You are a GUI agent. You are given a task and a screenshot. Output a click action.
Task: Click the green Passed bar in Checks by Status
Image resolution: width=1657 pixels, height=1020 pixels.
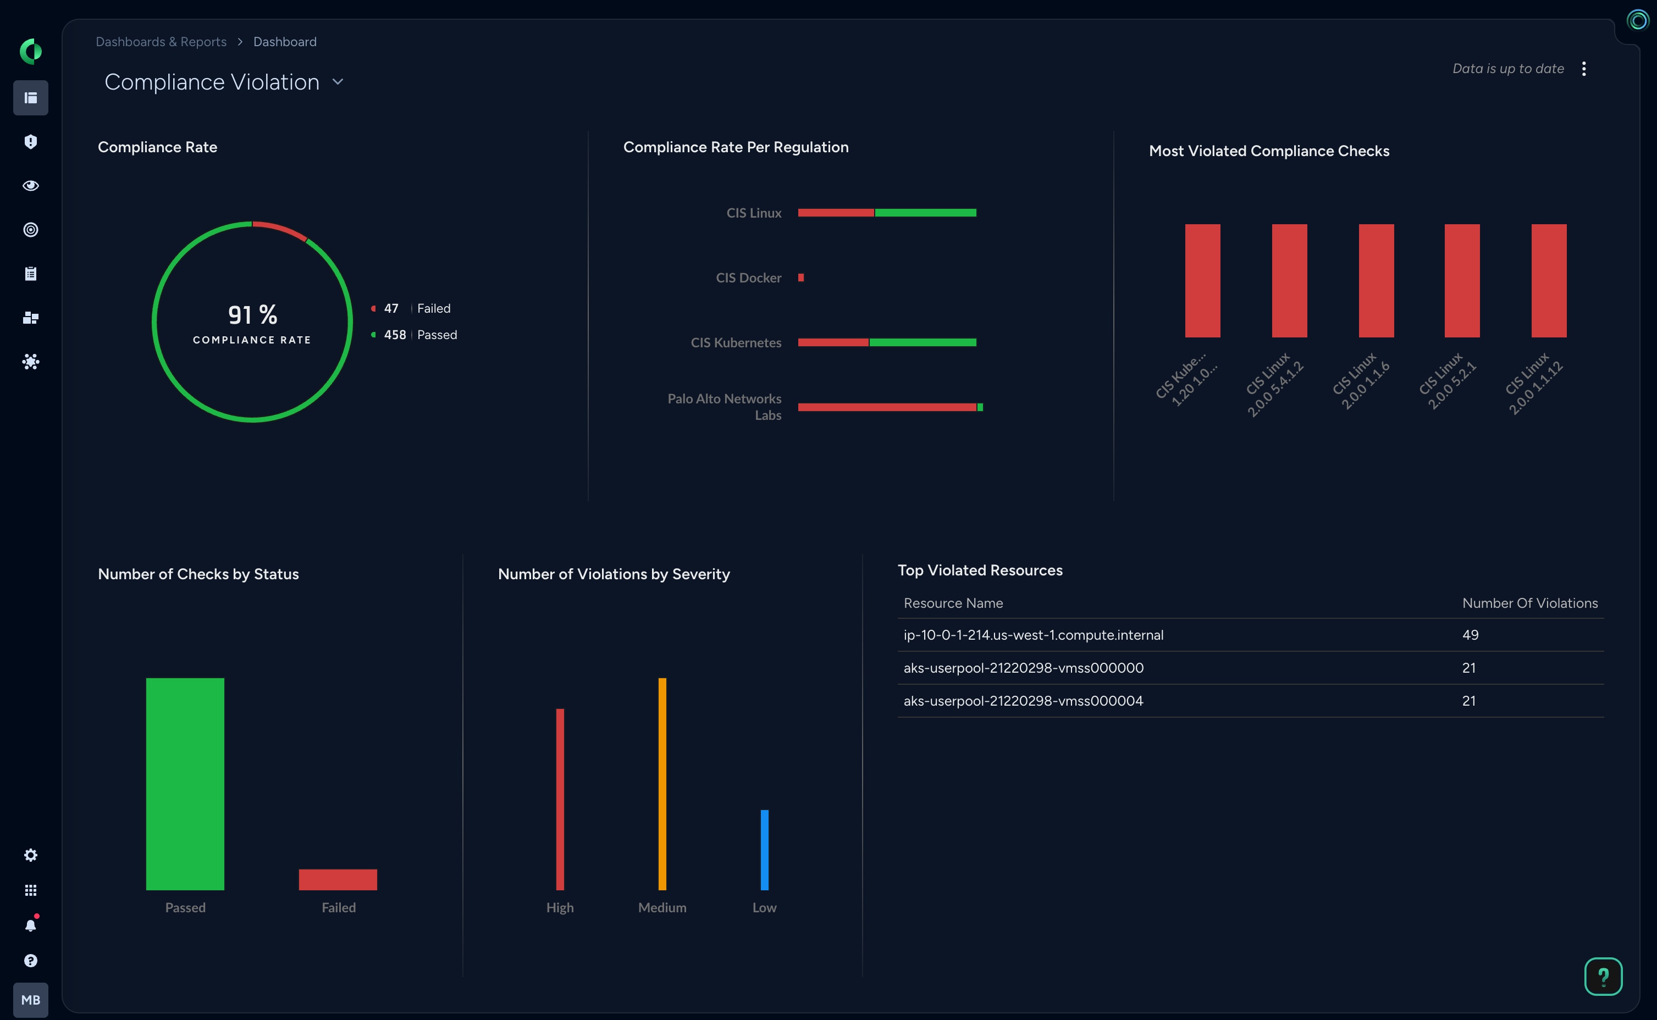click(185, 783)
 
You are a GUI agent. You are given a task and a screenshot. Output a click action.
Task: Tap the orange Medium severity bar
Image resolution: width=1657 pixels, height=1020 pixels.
click(662, 783)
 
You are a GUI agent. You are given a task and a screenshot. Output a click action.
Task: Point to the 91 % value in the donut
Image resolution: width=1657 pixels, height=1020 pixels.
click(252, 314)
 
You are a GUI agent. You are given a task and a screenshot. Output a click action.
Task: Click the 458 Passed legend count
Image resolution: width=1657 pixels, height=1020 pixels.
click(395, 335)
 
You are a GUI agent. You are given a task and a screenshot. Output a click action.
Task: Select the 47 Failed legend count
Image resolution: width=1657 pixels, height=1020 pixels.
click(391, 308)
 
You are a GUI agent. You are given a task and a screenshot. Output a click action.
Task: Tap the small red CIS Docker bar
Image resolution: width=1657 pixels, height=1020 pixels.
click(801, 278)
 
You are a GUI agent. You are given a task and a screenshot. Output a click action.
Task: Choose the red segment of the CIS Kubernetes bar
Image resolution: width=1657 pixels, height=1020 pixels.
click(833, 342)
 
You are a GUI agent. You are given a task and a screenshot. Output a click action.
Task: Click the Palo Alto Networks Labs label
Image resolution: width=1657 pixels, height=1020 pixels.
click(725, 407)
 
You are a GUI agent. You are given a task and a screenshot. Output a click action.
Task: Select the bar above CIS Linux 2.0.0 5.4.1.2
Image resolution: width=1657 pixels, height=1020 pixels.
click(1289, 281)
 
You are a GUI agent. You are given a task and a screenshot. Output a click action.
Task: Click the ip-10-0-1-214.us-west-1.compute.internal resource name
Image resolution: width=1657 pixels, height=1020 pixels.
click(1033, 635)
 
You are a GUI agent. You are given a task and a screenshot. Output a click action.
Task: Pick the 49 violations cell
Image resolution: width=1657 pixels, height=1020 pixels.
click(1470, 635)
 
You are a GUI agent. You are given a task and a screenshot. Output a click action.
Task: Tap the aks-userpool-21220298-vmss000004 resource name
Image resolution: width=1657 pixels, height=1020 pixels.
click(1023, 700)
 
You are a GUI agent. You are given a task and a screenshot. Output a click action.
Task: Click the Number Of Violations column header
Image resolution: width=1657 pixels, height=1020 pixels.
click(1529, 603)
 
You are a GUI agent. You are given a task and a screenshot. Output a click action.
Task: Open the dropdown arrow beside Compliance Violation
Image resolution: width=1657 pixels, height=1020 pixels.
click(338, 82)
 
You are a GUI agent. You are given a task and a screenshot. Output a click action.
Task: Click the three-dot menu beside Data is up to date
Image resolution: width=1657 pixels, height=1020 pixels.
click(1583, 68)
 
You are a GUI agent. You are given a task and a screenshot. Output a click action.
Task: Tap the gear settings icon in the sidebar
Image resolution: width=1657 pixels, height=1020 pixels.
click(30, 855)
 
